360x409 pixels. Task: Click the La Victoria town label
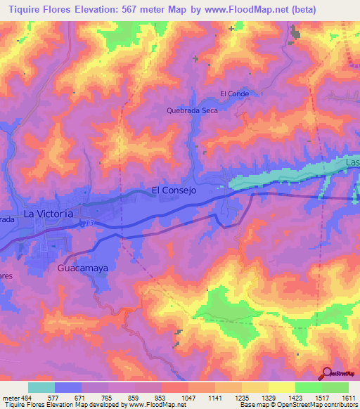pos(48,213)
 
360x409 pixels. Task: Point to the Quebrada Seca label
pos(192,110)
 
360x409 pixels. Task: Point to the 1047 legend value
pos(190,397)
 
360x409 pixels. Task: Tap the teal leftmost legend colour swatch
pos(41,387)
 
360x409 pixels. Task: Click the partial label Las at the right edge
pos(352,163)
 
